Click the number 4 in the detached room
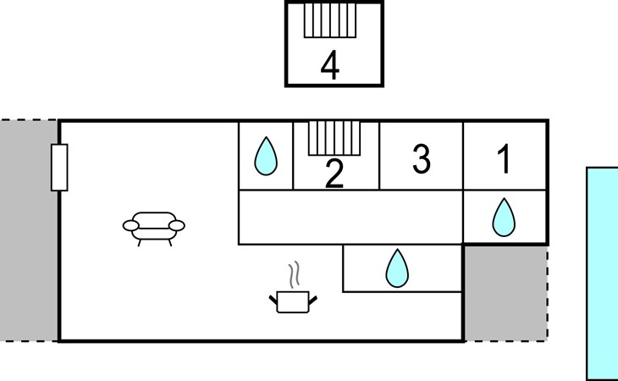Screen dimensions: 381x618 (330, 66)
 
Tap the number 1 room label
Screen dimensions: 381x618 (505, 160)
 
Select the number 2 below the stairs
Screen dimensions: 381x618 (335, 174)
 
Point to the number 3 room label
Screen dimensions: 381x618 (421, 159)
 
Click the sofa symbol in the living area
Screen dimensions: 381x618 (154, 226)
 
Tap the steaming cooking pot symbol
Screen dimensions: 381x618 (293, 300)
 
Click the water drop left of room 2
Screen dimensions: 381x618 (267, 156)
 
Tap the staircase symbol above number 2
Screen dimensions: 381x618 (334, 136)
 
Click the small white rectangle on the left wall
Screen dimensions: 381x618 (59, 168)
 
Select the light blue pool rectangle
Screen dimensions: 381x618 (602, 273)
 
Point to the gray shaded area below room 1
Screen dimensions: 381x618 (505, 293)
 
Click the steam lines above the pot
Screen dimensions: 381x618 (294, 274)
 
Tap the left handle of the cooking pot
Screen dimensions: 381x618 (273, 298)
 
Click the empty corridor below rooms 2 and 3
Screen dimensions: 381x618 (350, 217)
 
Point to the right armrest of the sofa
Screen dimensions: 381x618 (179, 224)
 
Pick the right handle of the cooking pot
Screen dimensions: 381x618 (313, 298)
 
